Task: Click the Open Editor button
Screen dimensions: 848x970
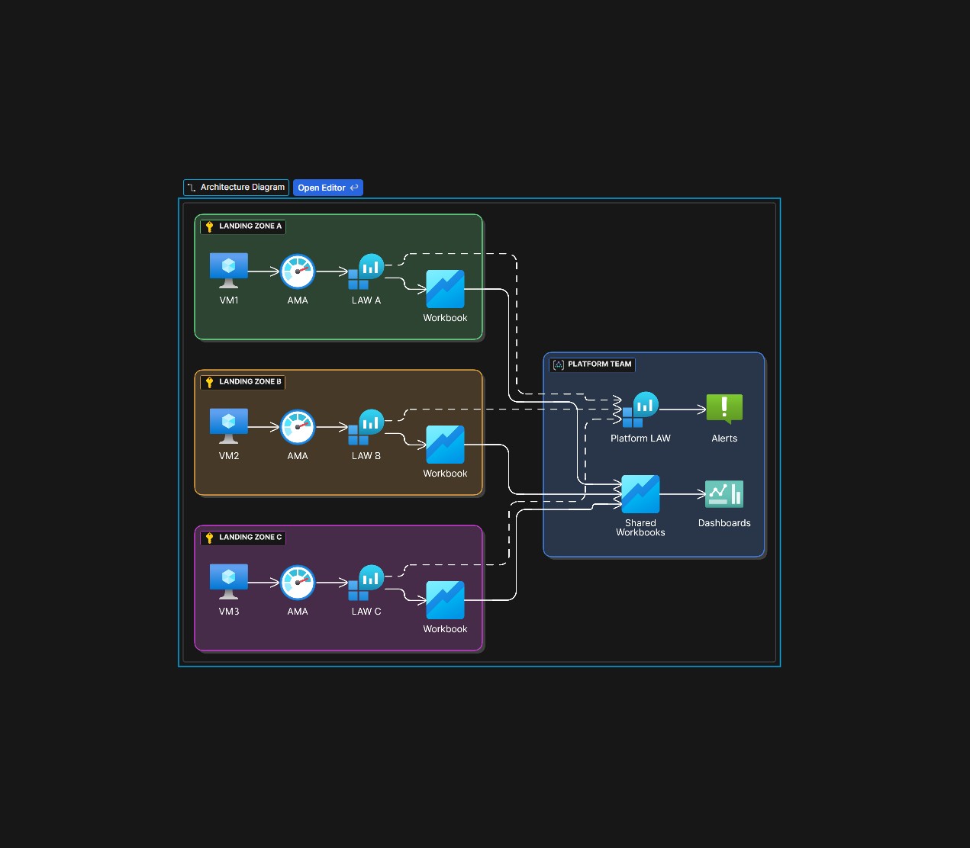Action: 327,188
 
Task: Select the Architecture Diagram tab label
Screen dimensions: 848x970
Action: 236,188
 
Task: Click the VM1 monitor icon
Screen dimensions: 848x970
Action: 229,271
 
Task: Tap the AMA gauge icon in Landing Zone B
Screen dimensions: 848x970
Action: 298,427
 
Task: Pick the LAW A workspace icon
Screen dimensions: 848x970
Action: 366,271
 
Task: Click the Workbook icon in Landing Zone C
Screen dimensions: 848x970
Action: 445,600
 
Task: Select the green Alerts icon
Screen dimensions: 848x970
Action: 724,409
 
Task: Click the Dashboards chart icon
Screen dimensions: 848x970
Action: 724,494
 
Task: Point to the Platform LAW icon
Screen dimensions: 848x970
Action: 640,410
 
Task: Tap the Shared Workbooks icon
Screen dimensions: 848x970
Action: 640,494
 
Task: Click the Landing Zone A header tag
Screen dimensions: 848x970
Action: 243,226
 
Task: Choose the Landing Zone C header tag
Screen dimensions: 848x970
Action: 243,538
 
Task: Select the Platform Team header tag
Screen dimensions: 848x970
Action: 592,365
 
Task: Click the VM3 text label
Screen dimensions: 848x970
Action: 229,612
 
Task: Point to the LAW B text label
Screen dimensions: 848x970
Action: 366,456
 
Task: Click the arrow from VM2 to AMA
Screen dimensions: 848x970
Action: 264,427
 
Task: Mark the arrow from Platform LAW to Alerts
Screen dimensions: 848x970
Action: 682,410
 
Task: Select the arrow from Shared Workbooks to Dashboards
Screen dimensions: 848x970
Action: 682,494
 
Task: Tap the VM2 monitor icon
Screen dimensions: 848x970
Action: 229,426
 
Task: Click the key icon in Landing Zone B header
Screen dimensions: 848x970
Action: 210,382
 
